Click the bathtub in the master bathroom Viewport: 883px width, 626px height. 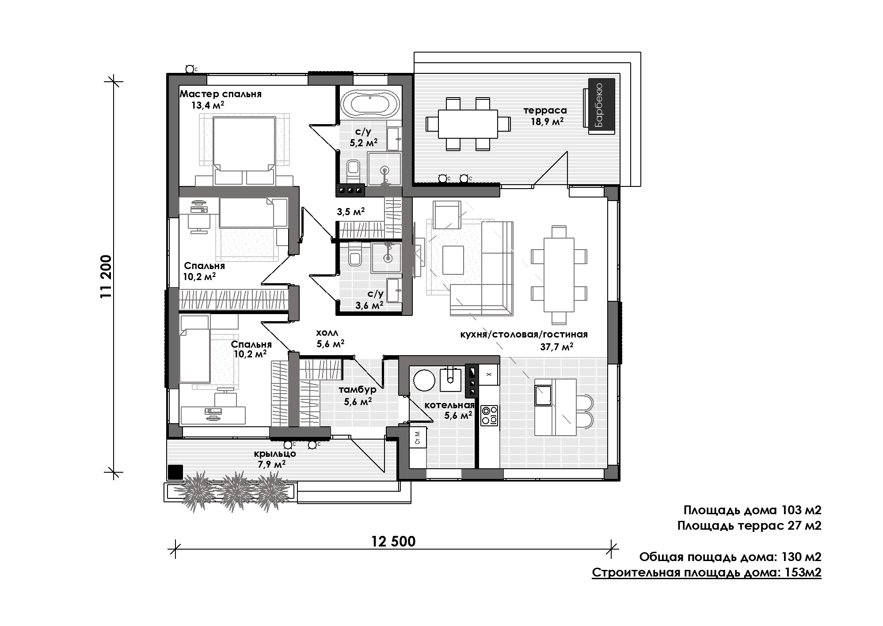[370, 104]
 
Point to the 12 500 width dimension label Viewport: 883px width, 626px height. [393, 541]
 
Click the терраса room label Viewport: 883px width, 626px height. [545, 110]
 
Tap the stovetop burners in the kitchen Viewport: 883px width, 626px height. [489, 415]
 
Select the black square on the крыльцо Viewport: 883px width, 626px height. [176, 472]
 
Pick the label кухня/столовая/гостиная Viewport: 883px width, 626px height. [524, 334]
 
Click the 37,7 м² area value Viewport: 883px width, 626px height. [556, 347]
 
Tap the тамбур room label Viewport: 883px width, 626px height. [358, 390]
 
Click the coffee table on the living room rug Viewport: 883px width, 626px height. [453, 260]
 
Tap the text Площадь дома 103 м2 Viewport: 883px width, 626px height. [752, 510]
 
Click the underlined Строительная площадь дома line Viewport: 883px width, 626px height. [707, 573]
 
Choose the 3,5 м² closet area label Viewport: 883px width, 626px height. [351, 212]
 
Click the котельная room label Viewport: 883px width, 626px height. [449, 405]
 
